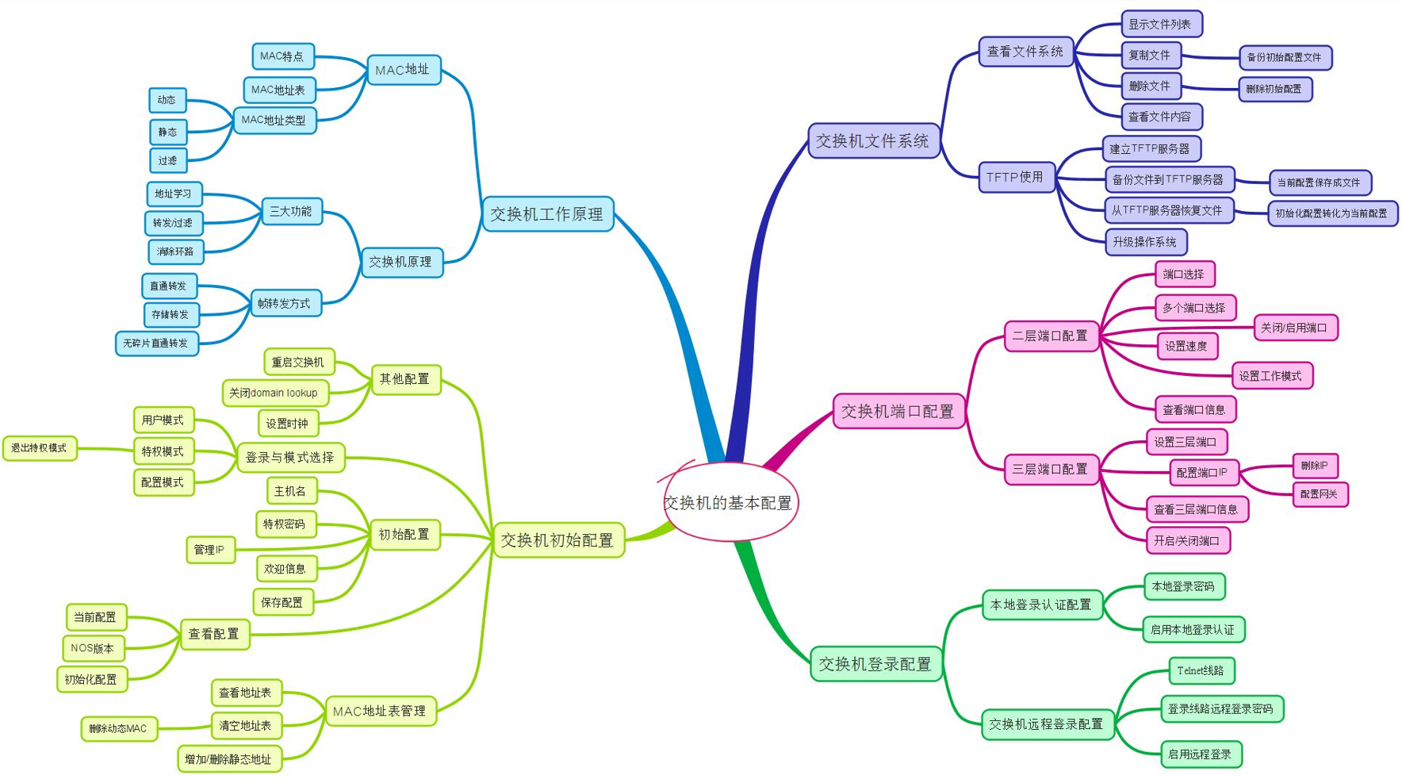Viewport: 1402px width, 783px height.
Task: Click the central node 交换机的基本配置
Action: [x=729, y=503]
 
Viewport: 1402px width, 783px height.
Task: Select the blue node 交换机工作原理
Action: [x=547, y=214]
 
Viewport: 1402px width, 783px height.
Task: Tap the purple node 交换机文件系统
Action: [x=873, y=141]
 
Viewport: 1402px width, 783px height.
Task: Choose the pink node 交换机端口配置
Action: [x=898, y=411]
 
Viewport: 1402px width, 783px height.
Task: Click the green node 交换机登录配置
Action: [x=875, y=664]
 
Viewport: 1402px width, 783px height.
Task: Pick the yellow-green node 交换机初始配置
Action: [x=557, y=540]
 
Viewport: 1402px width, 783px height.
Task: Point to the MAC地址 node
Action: [x=403, y=70]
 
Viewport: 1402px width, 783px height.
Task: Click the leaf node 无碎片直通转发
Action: [x=156, y=344]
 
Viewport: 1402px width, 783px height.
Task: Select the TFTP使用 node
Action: [x=1016, y=177]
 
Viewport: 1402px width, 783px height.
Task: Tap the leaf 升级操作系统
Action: [x=1145, y=242]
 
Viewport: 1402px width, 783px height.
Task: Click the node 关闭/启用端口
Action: [x=1294, y=328]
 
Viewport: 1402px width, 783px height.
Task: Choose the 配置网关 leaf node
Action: [x=1320, y=494]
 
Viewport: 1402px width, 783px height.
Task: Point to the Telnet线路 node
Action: [x=1201, y=671]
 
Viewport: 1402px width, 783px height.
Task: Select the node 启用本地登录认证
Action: [x=1193, y=630]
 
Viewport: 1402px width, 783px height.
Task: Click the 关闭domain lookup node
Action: [x=274, y=393]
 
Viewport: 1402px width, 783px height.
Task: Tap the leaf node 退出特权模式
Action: [x=40, y=448]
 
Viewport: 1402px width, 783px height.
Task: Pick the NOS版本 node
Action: [x=93, y=648]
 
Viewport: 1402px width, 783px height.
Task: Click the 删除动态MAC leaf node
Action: [x=119, y=728]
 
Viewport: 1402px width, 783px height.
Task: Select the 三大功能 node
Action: [x=291, y=212]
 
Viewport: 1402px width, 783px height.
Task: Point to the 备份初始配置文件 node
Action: [x=1285, y=57]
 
